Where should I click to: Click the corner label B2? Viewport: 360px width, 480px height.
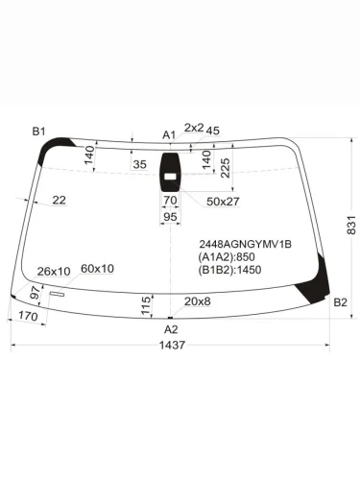click(340, 303)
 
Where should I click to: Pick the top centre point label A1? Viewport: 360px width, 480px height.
click(169, 134)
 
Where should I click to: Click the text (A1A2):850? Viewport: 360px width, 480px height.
click(228, 258)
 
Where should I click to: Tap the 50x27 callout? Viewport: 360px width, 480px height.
click(223, 201)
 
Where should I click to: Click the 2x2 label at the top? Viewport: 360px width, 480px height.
click(193, 128)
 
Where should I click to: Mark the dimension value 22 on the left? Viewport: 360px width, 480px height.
click(60, 200)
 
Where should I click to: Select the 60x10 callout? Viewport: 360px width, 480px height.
click(97, 268)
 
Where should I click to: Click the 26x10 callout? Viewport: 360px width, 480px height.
click(54, 271)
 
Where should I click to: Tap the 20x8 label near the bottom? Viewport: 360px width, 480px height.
click(198, 302)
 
